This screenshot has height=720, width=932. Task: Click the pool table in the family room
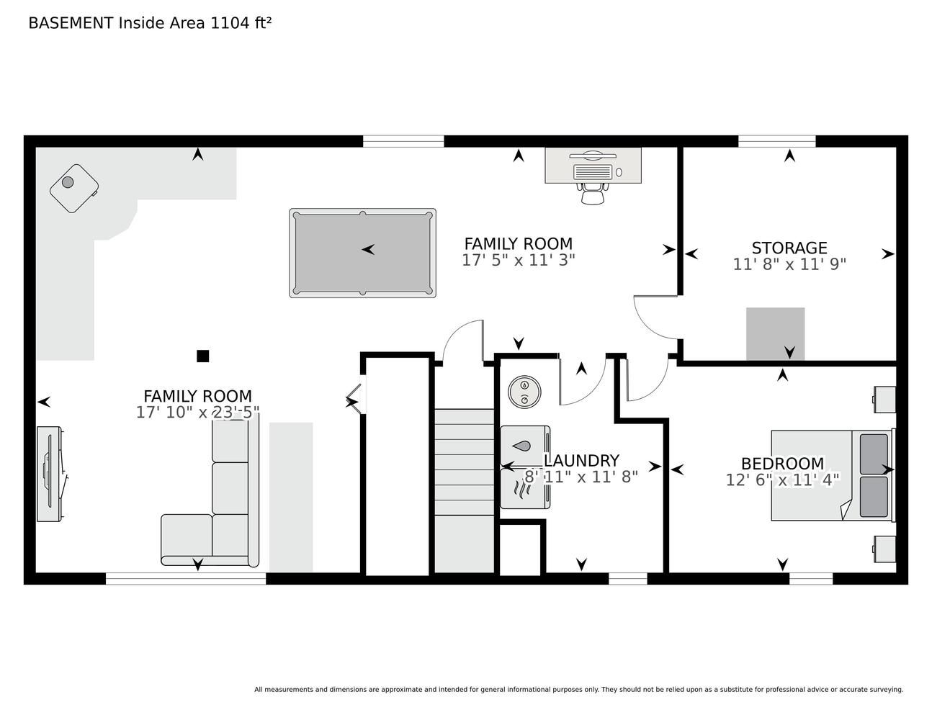[362, 253]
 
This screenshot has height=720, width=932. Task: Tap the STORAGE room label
[789, 248]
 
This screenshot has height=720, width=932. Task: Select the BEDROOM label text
[782, 464]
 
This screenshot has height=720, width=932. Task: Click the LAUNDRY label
[581, 461]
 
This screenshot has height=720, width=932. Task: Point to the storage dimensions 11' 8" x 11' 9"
[789, 264]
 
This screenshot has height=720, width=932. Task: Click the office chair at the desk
[593, 194]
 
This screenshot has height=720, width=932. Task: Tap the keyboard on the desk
[593, 172]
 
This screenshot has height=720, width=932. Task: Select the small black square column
[203, 356]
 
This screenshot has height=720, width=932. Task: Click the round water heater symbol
[524, 391]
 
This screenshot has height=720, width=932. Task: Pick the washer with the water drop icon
[525, 446]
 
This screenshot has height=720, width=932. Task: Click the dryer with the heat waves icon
[525, 489]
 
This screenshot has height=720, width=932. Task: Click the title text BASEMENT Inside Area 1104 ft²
[150, 23]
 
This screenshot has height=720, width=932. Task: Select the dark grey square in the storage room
[775, 334]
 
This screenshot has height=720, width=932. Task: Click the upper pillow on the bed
[874, 454]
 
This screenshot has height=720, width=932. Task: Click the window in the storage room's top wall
[776, 141]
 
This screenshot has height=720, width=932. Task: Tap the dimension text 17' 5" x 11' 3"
[518, 260]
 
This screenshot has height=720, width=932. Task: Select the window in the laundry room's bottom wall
[628, 579]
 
